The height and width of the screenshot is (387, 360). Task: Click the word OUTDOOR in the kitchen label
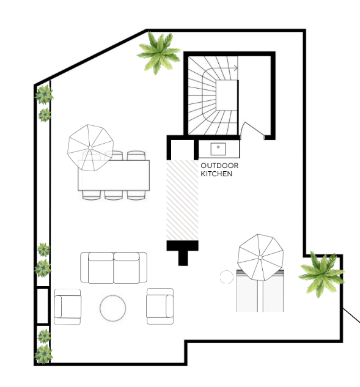219,166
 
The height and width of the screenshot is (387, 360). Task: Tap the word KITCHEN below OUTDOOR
216,174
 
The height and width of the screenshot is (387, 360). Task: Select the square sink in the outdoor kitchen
218,149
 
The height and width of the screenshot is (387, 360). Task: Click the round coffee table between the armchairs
112,308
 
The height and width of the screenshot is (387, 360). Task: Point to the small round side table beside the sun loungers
227,277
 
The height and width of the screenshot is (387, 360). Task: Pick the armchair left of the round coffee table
68,307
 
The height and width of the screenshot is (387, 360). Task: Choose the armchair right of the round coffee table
160,306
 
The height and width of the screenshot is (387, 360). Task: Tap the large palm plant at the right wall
321,274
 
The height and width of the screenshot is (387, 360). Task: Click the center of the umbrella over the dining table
90,147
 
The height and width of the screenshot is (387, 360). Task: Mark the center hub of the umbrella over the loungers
260,257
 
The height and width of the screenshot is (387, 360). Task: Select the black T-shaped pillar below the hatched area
183,252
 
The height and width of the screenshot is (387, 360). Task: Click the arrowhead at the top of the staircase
237,68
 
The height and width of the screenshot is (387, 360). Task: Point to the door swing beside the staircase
252,129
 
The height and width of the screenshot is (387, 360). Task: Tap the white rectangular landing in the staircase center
227,95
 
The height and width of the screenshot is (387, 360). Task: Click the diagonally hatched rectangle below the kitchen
182,200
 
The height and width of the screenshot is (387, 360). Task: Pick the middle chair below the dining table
114,195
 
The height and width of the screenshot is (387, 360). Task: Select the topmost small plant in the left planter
45,94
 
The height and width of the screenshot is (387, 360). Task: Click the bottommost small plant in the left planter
43,354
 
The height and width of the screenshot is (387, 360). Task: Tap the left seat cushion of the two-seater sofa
101,268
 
